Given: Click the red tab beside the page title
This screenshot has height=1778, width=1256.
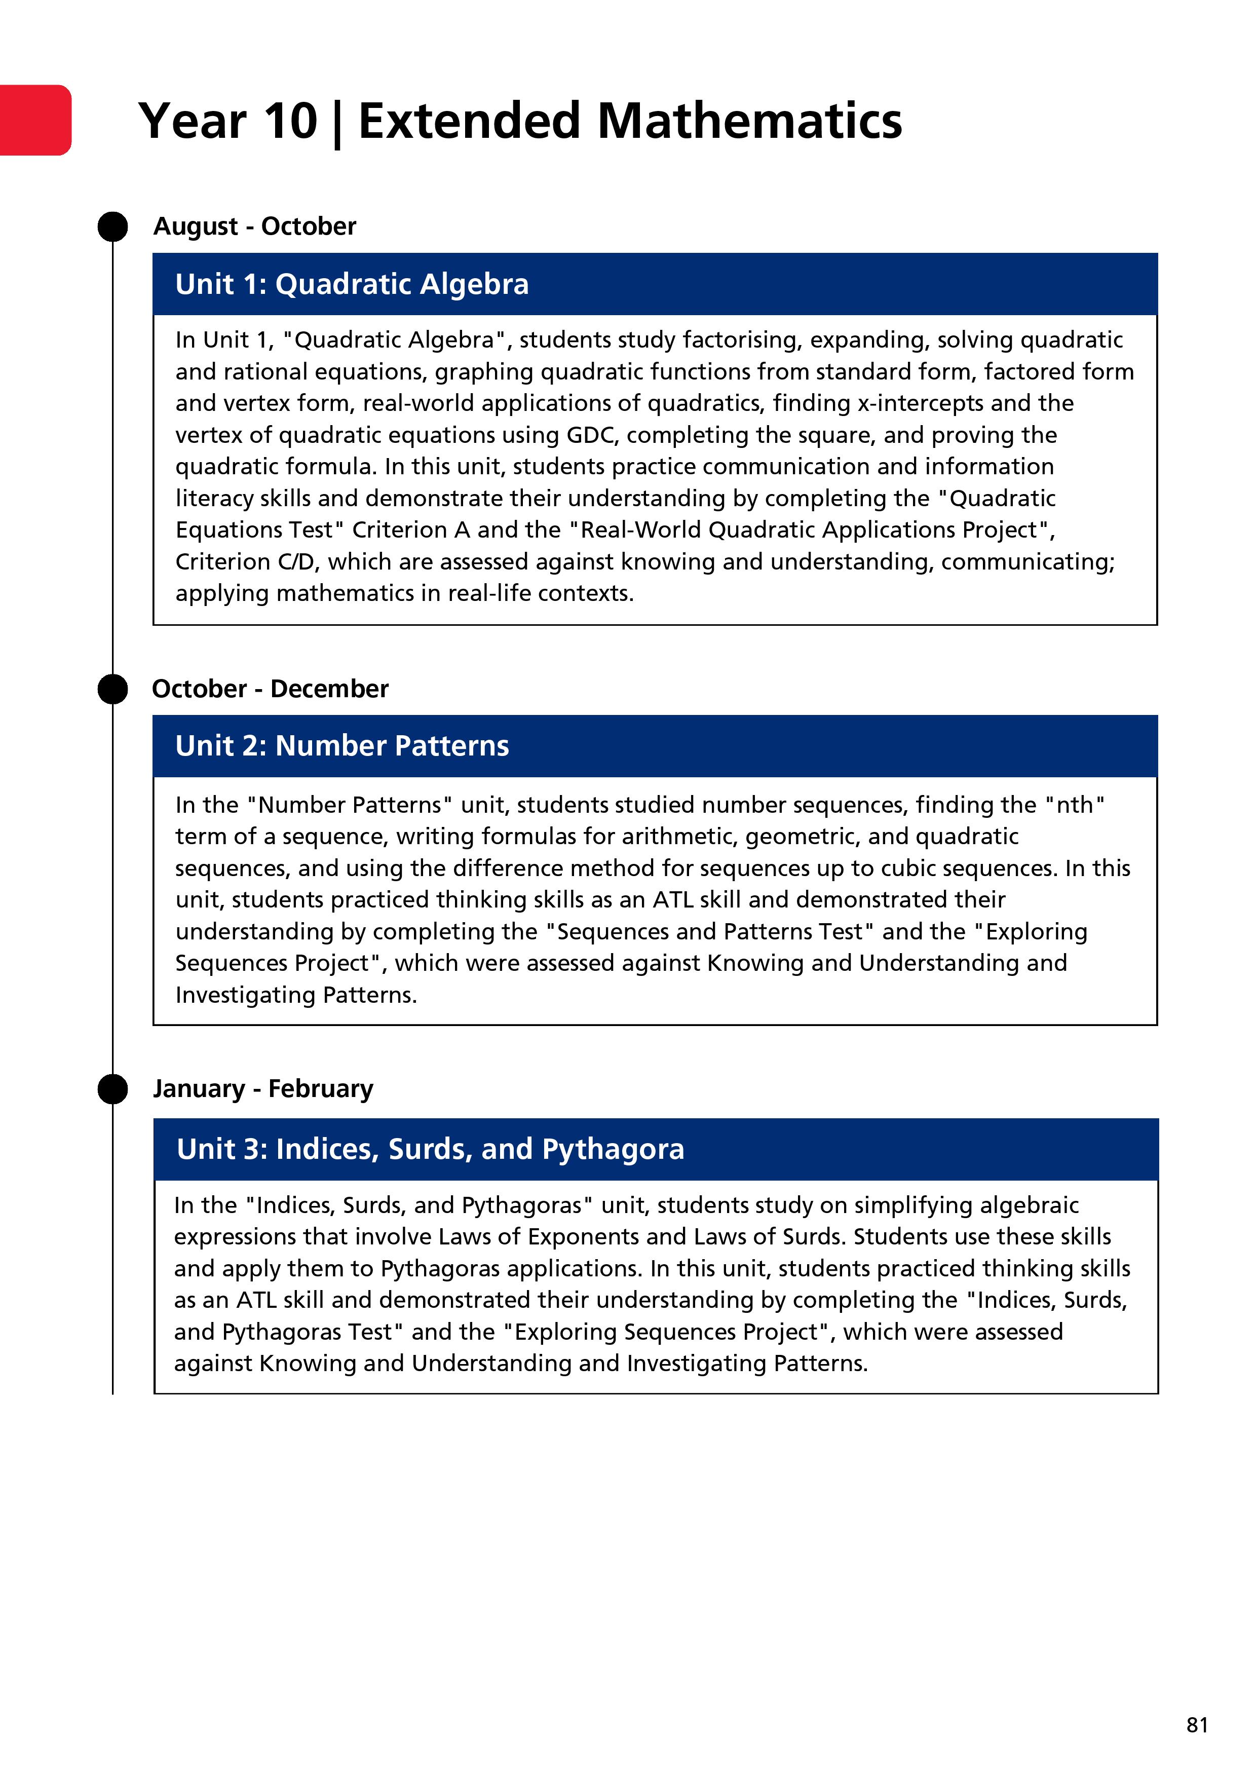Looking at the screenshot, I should [x=35, y=120].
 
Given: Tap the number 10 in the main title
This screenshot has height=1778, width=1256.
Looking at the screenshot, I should [x=290, y=122].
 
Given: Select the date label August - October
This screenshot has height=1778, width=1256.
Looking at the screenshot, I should [x=255, y=226].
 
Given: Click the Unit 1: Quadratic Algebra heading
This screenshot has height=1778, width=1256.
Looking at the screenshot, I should [x=352, y=284].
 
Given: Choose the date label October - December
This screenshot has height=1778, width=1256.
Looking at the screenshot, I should [x=270, y=689].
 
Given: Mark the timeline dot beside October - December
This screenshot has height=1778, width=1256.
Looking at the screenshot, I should [x=113, y=689].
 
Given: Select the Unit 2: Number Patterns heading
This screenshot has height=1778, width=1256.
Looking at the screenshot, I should [x=341, y=746].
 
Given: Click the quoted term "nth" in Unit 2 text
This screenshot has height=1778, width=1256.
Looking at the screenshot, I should [x=1075, y=805].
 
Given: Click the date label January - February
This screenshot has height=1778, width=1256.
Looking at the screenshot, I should [x=262, y=1089].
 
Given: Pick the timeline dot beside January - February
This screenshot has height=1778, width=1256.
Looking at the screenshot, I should [x=113, y=1089].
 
